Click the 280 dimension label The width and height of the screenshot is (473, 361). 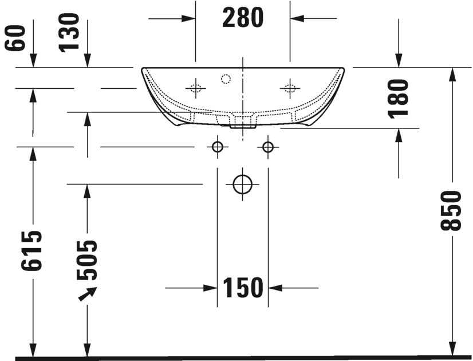pos(243,18)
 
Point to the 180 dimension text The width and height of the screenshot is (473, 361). pos(399,98)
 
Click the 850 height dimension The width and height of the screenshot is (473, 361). pos(452,210)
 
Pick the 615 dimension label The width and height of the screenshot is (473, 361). pos(33,250)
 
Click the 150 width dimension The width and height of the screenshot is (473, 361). pos(243,288)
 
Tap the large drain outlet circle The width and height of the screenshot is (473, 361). pos(243,184)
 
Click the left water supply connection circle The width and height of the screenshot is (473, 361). pos(217,147)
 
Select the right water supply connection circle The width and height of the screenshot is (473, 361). pos(267,147)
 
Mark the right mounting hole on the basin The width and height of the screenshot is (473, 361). pos(290,88)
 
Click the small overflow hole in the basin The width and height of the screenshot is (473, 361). pos(225,79)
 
